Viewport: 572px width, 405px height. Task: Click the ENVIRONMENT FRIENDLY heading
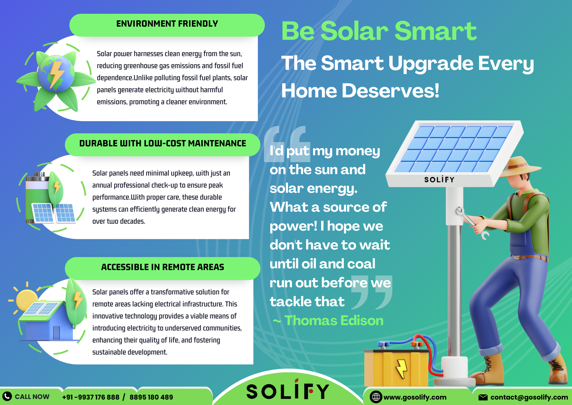(167, 23)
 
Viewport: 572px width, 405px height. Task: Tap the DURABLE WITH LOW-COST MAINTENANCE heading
(162, 143)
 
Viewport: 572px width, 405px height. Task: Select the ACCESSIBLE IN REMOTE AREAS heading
(162, 267)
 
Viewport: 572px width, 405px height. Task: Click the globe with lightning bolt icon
(56, 74)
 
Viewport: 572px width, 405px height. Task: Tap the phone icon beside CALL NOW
(7, 396)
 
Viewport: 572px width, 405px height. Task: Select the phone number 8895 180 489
(151, 397)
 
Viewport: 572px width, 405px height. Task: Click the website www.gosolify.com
(415, 397)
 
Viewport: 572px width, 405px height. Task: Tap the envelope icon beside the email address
(483, 397)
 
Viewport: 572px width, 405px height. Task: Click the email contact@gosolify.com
(529, 397)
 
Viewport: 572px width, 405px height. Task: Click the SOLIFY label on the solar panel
(439, 180)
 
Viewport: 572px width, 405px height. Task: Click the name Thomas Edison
(334, 321)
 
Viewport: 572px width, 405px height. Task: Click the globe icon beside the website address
(376, 397)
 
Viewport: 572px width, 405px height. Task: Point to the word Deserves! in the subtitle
(390, 91)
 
